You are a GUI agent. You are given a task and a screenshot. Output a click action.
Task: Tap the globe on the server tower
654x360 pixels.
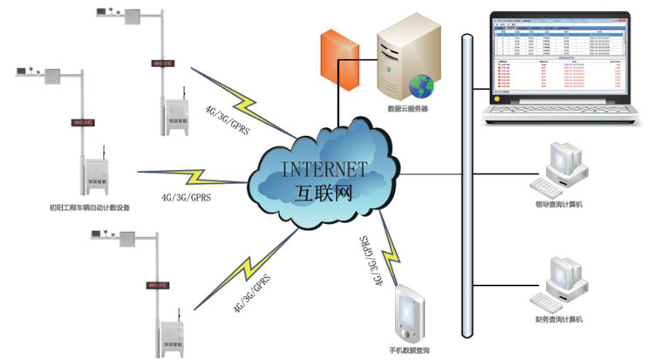coord(424,85)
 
